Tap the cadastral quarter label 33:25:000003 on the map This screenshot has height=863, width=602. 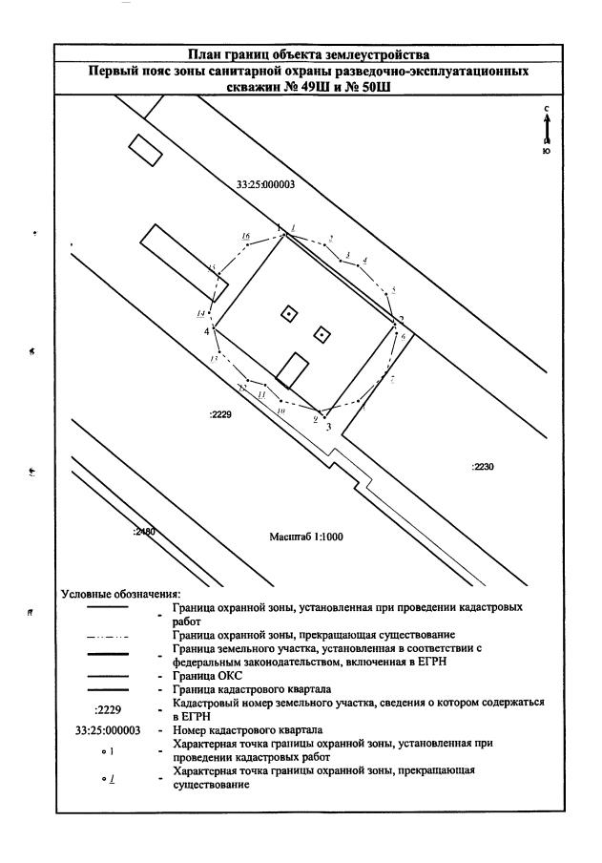point(265,186)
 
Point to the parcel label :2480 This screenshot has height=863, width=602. point(145,531)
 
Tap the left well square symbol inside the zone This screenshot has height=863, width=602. point(288,313)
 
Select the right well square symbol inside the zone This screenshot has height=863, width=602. point(322,334)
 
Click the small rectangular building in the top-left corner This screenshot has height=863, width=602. point(146,150)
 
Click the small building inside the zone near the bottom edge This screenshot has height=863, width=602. point(296,369)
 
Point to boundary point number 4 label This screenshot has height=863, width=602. point(206,331)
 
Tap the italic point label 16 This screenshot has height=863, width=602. point(246,236)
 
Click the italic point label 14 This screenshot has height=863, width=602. point(201,314)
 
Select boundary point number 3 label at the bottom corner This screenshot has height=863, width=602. point(328,427)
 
